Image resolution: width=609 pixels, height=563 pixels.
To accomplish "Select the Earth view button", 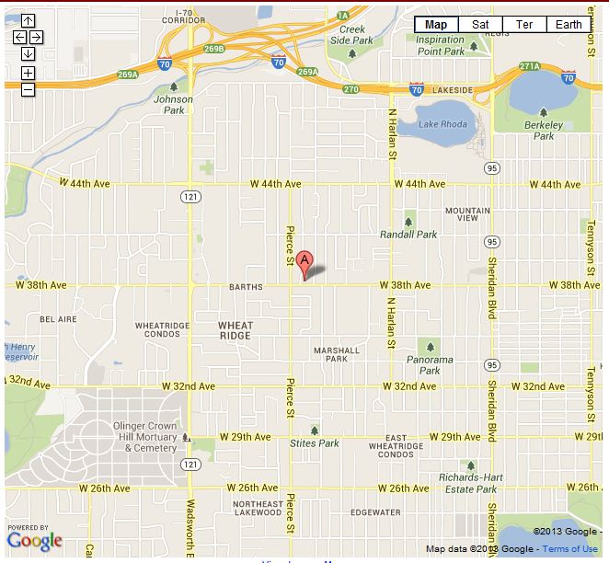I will coord(569,25).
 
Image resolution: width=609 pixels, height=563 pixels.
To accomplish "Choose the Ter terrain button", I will coord(524,25).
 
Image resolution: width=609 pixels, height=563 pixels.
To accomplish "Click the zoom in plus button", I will coord(28,73).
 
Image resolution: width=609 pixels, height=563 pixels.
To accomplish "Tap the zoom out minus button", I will coord(28,89).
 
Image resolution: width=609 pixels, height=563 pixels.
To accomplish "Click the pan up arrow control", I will coord(28,20).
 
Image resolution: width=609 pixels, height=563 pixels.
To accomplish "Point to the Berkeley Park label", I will coord(543,130).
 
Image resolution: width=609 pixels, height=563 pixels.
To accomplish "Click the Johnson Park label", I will coord(174,104).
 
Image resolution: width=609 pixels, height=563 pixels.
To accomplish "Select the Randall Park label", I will coord(409,235).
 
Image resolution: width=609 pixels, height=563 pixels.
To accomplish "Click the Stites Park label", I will coord(315,443).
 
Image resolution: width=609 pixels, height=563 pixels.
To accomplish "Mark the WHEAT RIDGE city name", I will coord(235,331).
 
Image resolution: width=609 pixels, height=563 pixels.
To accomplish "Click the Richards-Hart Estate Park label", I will coord(467,484).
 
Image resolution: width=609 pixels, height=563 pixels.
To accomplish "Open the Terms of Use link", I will coord(570,549).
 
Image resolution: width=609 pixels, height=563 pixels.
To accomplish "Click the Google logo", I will coord(35,541).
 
